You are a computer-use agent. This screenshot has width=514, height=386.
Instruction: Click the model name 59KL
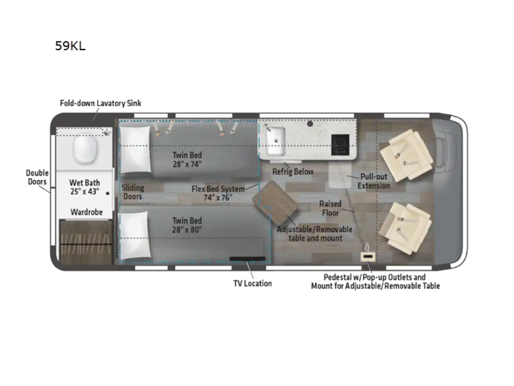pos(70,47)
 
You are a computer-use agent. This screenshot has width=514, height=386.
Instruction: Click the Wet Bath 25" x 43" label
pos(85,187)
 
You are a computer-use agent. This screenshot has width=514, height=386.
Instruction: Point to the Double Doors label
pos(37,178)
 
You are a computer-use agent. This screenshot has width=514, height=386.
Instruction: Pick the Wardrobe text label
pos(85,212)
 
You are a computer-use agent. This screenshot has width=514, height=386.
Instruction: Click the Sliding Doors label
pos(133,192)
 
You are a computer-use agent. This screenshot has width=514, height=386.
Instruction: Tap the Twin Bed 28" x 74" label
pos(188,160)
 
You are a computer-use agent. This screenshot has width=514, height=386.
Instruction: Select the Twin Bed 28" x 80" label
pos(188,225)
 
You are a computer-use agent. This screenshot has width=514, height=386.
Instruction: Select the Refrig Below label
pos(292,172)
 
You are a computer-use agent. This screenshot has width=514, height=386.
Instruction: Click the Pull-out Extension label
pos(373,181)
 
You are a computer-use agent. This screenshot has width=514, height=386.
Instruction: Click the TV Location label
pos(251,283)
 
